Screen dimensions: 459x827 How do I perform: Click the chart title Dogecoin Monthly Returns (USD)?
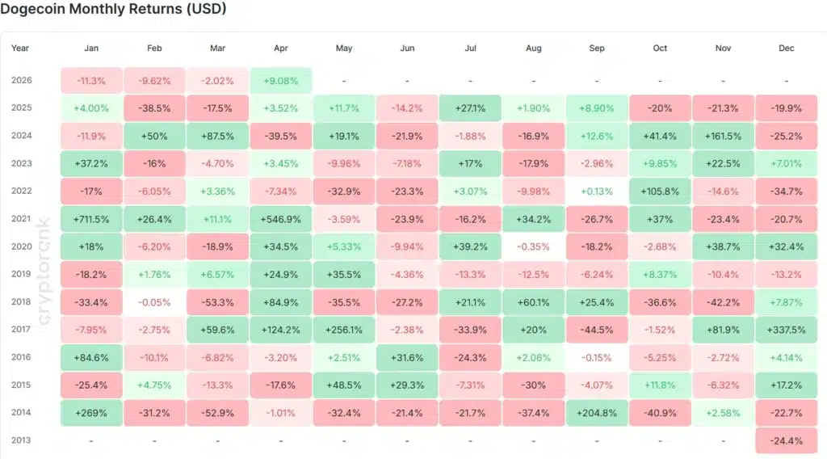tap(113, 10)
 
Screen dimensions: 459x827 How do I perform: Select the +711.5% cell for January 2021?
tap(91, 219)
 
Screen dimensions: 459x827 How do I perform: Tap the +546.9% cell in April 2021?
tap(281, 219)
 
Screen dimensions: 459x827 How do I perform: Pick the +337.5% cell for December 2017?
tap(787, 329)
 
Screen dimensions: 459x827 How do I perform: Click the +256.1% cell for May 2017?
tap(344, 329)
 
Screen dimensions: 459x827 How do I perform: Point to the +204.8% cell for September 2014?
tap(597, 412)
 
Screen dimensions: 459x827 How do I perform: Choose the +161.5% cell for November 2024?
tap(724, 136)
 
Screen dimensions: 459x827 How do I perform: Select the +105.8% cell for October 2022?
tap(660, 191)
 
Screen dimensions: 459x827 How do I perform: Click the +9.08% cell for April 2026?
tap(281, 80)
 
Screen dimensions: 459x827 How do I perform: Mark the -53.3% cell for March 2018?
tap(217, 301)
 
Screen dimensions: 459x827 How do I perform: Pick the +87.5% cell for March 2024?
tap(217, 136)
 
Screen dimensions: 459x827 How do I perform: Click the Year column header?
tap(20, 48)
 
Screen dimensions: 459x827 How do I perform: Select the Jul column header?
tap(470, 48)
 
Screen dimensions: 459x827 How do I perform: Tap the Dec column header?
tap(787, 48)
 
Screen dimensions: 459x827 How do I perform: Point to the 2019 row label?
tap(22, 274)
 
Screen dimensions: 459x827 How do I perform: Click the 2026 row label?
tap(22, 80)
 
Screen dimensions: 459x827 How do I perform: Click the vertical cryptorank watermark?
tap(45, 275)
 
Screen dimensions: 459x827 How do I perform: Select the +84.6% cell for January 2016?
tap(91, 356)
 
